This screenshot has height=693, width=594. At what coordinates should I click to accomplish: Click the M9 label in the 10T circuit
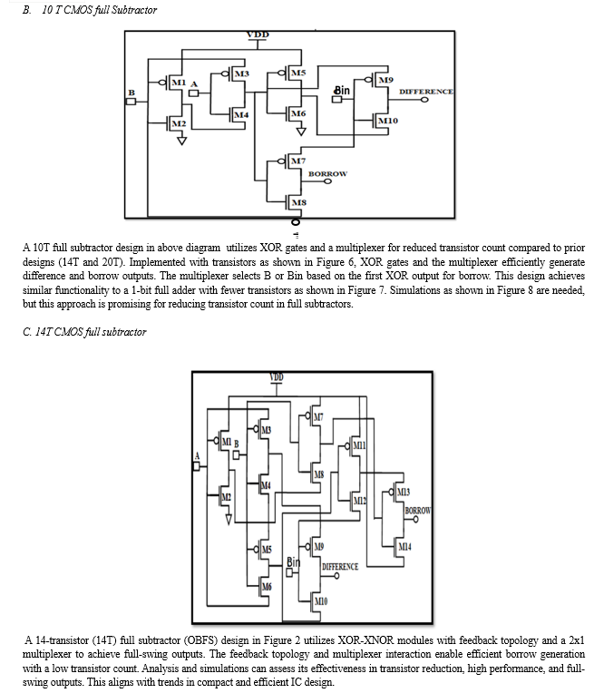click(385, 81)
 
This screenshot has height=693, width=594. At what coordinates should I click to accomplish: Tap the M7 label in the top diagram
click(297, 161)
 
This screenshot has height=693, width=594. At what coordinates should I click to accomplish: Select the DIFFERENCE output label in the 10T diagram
click(426, 92)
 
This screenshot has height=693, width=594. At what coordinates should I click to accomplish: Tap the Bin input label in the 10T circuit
click(342, 91)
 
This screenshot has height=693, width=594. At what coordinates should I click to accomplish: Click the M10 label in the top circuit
click(387, 121)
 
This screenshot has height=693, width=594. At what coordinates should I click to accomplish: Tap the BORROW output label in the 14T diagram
click(417, 511)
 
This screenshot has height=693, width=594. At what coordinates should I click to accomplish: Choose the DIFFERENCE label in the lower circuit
click(340, 566)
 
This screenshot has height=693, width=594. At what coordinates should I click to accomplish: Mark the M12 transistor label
click(359, 500)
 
